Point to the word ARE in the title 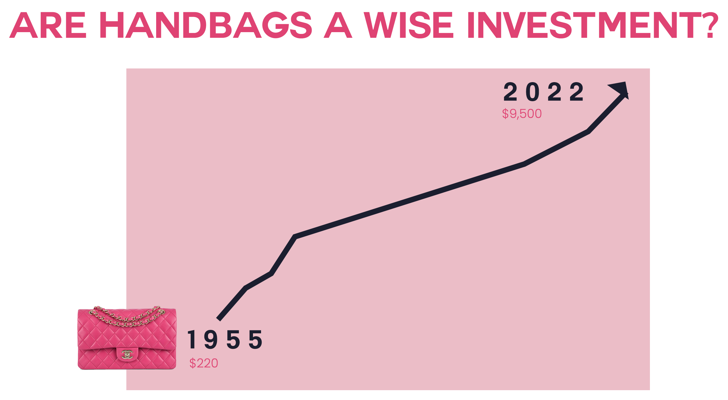point(48,25)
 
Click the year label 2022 point(543,92)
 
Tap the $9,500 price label point(522,114)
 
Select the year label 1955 point(225,340)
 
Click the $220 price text point(204,363)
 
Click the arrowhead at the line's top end point(620,89)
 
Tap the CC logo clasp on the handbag point(127,354)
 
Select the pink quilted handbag point(127,339)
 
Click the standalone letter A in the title point(338,25)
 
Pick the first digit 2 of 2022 point(510,92)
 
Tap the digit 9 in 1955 point(211,340)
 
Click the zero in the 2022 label point(533,92)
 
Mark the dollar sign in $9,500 point(505,114)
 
